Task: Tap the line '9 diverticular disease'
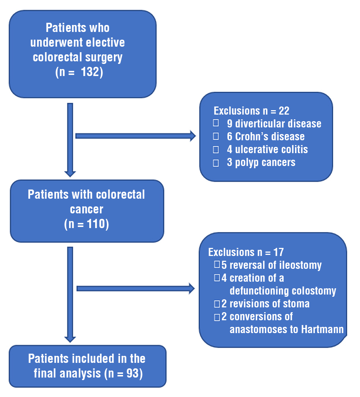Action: tap(274, 124)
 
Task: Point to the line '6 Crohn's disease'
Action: tap(266, 137)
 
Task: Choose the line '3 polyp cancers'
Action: tap(261, 162)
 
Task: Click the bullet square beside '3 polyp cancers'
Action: tap(216, 163)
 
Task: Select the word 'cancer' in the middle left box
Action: tap(86, 209)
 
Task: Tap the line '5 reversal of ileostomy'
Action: tap(271, 265)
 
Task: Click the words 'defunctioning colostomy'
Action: tap(283, 291)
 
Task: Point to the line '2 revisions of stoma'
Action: tap(265, 304)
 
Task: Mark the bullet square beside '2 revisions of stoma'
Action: tap(217, 304)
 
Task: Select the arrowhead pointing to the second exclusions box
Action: tap(191, 288)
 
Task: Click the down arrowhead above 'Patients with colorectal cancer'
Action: tap(70, 173)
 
